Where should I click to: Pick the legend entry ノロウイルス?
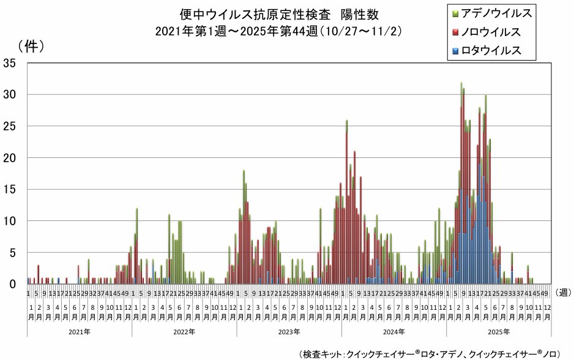click(491, 31)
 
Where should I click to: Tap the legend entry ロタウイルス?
click(491, 50)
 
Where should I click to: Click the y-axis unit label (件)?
click(31, 45)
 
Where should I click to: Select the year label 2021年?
click(79, 331)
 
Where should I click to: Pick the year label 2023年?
click(289, 331)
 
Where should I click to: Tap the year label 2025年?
click(499, 331)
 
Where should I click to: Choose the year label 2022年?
click(184, 331)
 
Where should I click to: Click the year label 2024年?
click(394, 331)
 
